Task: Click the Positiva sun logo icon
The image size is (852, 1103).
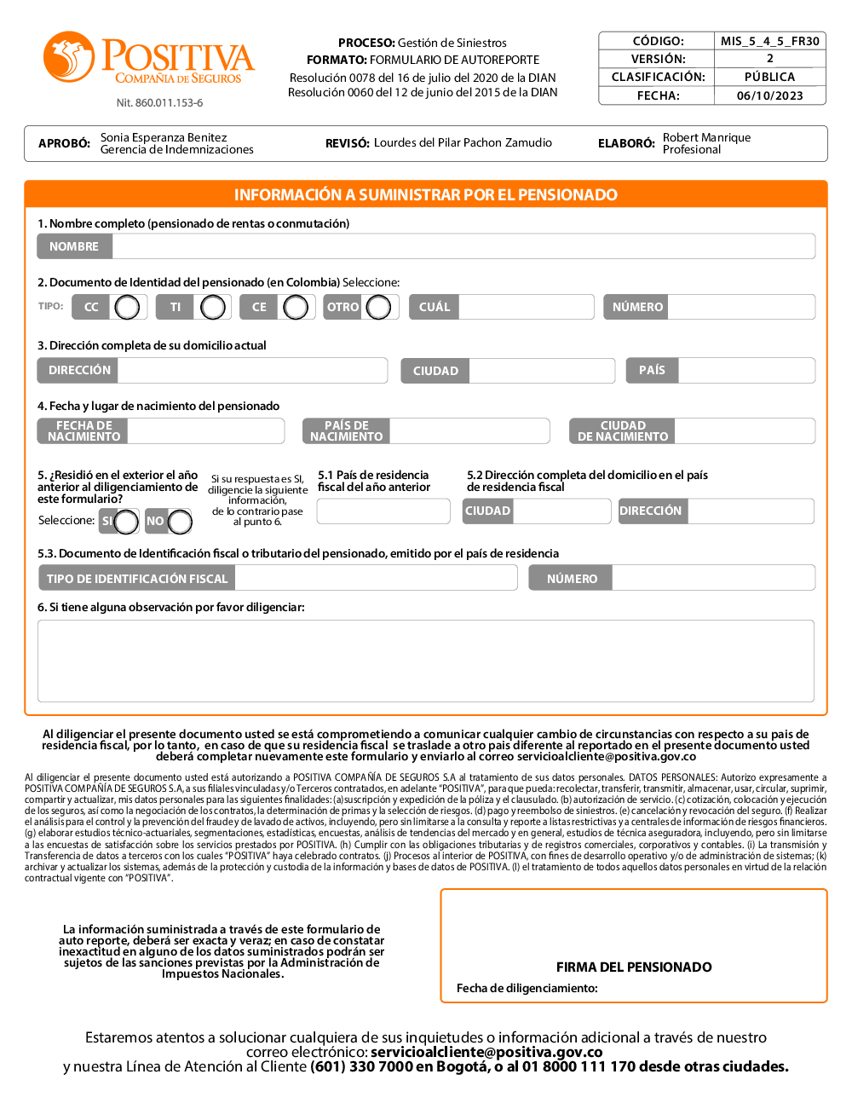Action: click(69, 56)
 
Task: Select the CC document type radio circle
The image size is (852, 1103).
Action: click(127, 307)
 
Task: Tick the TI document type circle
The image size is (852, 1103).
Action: click(213, 307)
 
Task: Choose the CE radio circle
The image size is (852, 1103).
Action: click(296, 307)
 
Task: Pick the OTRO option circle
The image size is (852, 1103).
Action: click(378, 307)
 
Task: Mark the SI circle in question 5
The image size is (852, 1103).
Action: click(126, 521)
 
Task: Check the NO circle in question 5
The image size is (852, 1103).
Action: click(180, 521)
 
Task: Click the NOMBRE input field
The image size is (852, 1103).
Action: click(463, 246)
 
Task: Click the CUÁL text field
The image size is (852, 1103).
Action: click(526, 307)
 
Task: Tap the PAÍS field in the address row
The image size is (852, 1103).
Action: click(745, 371)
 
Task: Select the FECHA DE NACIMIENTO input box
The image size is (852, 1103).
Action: click(205, 431)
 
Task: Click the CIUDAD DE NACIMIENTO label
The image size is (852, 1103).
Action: click(623, 431)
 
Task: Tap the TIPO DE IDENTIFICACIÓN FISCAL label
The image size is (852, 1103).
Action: click(137, 579)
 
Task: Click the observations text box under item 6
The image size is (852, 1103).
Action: click(426, 661)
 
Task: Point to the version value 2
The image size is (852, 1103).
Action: click(770, 59)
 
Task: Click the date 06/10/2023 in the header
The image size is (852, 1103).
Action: click(770, 95)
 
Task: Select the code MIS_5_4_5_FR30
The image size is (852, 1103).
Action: click(770, 41)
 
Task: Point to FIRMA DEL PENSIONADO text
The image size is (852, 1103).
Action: click(634, 967)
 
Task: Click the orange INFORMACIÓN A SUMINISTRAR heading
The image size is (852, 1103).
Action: click(426, 194)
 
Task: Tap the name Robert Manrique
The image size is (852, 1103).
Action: click(707, 137)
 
